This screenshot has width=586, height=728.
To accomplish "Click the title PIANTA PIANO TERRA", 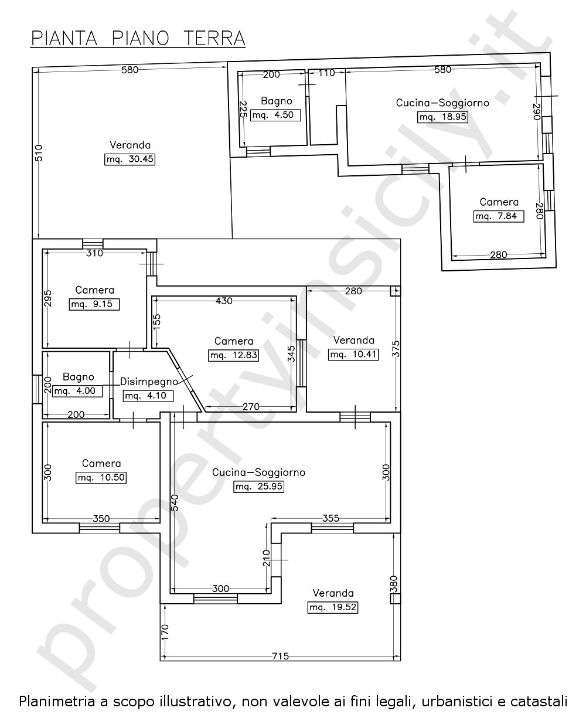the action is (138, 38).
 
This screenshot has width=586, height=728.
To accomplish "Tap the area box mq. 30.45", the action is (130, 159).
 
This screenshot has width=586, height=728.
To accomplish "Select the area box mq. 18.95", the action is (442, 117).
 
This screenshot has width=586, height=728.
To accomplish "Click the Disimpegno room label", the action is (149, 382).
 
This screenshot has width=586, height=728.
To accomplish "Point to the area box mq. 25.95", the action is (258, 487).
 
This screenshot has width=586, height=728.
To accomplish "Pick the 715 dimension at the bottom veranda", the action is (281, 656).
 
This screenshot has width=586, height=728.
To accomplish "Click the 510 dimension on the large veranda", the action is (39, 153).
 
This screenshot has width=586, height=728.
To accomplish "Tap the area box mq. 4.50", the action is (275, 115).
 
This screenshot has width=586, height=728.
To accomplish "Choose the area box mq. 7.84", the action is (498, 216).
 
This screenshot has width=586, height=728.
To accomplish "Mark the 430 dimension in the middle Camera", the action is (224, 301).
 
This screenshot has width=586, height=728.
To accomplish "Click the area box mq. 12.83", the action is (233, 355).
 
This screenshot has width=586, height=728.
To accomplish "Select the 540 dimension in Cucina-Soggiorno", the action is (175, 503).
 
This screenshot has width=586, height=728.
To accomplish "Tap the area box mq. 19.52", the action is (333, 607).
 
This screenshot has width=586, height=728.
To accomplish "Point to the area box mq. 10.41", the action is (353, 355).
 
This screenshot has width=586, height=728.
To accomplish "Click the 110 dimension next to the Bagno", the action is (326, 73).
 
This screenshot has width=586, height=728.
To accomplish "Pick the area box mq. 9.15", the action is (94, 304).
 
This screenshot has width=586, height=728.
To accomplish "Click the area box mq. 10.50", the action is (101, 478).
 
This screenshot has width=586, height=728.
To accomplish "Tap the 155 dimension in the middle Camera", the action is (156, 323).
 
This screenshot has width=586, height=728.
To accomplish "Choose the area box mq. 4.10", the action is (148, 396).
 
